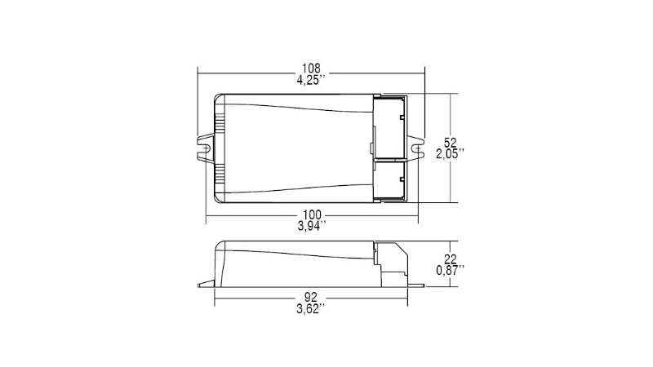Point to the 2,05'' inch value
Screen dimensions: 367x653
point(450,153)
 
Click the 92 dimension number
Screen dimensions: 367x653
point(311,298)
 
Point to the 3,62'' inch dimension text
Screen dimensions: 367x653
point(311,311)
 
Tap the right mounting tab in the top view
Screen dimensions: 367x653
point(418,148)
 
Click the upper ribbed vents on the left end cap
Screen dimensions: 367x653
point(220,122)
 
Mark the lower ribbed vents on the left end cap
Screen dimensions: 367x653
point(220,175)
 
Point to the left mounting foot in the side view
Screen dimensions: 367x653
point(207,285)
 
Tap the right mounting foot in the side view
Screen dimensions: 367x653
point(417,285)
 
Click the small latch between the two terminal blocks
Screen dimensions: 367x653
point(371,148)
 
